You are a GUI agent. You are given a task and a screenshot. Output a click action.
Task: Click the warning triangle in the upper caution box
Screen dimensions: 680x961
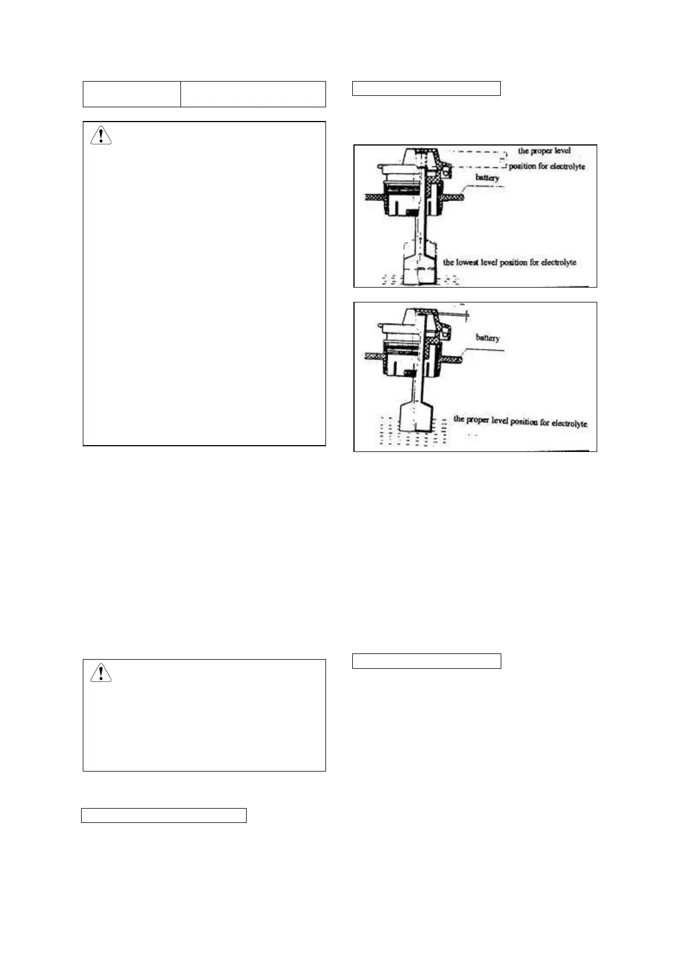coord(101,135)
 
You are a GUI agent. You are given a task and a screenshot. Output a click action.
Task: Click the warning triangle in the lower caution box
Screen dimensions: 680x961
coord(101,673)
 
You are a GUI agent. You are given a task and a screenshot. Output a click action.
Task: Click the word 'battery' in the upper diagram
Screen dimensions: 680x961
coord(487,178)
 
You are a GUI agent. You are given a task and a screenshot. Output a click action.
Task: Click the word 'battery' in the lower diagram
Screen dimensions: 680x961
coord(488,338)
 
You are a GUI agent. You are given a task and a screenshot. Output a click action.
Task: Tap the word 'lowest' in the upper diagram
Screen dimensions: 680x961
coord(467,263)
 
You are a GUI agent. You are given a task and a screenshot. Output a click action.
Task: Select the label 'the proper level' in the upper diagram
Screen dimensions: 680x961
coord(544,151)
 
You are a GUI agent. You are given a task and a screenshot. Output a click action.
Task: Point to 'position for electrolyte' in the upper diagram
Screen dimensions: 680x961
coord(546,167)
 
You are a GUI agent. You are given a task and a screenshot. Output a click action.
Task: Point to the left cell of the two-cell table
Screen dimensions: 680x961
coord(132,94)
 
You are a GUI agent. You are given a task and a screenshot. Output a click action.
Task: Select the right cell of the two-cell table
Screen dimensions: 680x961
coord(253,94)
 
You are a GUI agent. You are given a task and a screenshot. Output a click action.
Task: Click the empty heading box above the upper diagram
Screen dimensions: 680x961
coord(426,88)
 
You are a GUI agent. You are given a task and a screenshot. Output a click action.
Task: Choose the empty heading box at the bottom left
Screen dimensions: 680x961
coord(163,815)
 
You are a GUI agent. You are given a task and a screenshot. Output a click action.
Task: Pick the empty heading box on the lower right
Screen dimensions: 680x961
coord(426,661)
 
